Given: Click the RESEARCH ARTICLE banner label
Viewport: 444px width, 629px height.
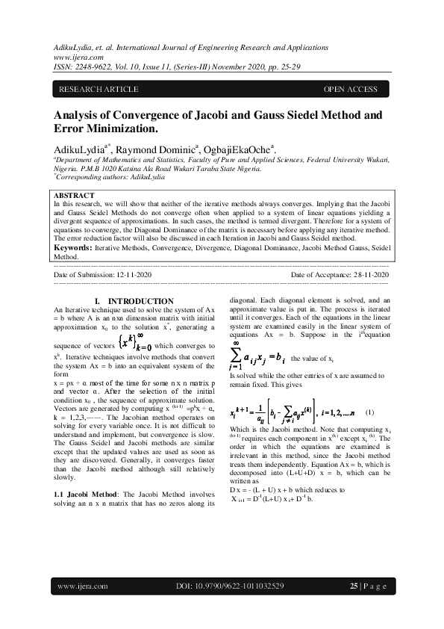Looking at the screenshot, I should [x=99, y=90].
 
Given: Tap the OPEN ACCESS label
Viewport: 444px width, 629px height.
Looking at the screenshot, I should [x=350, y=90].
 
